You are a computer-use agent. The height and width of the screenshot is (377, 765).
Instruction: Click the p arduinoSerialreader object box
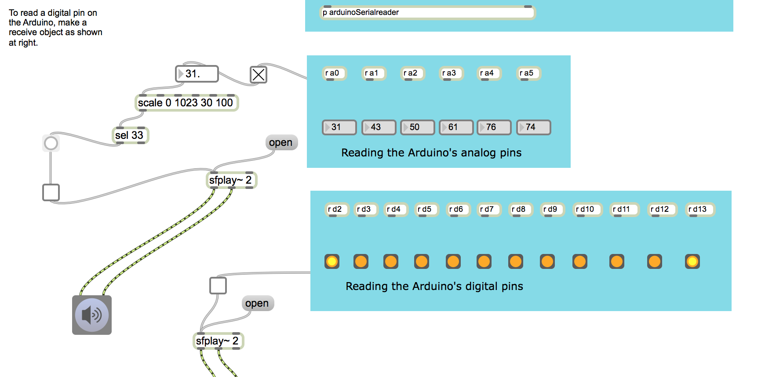pos(427,13)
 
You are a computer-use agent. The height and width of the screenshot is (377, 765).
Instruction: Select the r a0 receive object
pos(334,73)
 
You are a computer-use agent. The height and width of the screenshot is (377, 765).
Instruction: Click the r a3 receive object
pos(451,73)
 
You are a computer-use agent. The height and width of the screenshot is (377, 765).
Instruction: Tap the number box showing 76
pos(494,127)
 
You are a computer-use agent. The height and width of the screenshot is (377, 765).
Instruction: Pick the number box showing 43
pos(379,127)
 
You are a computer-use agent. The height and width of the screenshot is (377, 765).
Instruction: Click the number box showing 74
pos(533,127)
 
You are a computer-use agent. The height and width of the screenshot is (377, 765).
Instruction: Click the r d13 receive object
pos(699,210)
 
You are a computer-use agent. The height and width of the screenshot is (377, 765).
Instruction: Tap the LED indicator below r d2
pos(332,262)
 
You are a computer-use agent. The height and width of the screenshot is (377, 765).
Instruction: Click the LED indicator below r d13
pos(692,262)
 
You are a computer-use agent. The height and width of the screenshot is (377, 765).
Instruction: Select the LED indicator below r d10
pos(579,262)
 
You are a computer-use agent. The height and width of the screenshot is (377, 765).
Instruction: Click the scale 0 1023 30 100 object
pos(186,103)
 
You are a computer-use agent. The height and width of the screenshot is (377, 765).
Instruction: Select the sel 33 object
pos(130,135)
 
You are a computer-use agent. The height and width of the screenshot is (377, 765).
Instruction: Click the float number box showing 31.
pos(197,74)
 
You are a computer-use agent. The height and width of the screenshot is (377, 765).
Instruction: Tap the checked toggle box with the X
pos(259,75)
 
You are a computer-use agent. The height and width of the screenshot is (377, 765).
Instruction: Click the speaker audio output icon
pos(92,315)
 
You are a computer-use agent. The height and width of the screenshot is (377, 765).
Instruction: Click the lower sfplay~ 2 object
pos(218,341)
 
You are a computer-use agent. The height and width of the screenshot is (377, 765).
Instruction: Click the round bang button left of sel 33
pos(51,143)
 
